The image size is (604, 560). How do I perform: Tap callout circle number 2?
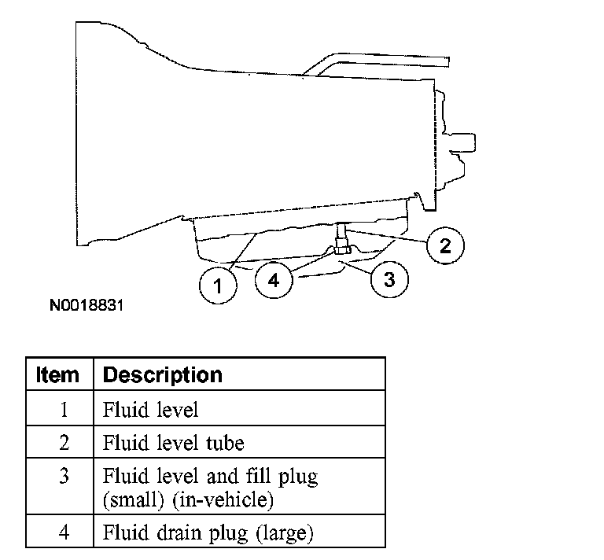coord(444,245)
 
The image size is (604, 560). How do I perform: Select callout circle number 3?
coord(389,279)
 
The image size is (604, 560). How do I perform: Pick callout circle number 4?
coord(273,281)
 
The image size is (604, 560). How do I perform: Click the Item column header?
coord(57,374)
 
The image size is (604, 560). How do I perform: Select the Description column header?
coord(163,374)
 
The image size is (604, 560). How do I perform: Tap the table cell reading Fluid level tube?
coord(174,443)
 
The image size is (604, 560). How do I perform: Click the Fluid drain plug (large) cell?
coord(208,533)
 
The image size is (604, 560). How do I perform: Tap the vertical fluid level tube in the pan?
coord(341,234)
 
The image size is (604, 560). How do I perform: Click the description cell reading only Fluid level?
coord(151,409)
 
